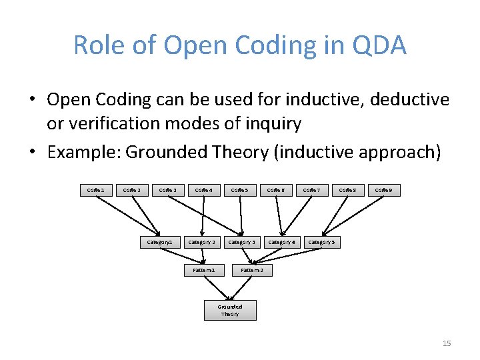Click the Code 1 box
tap(95, 190)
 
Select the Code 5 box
tap(239, 190)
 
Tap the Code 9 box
tap(383, 190)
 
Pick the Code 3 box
tap(167, 190)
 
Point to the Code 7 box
tap(311, 190)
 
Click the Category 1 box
tap(160, 242)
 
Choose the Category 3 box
tap(242, 242)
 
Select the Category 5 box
tap(321, 242)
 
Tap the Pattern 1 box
tap(203, 270)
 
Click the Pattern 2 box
tap(252, 270)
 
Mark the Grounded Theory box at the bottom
tap(230, 310)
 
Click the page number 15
tap(447, 343)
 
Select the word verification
tap(115, 123)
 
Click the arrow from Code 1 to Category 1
tap(127, 215)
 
